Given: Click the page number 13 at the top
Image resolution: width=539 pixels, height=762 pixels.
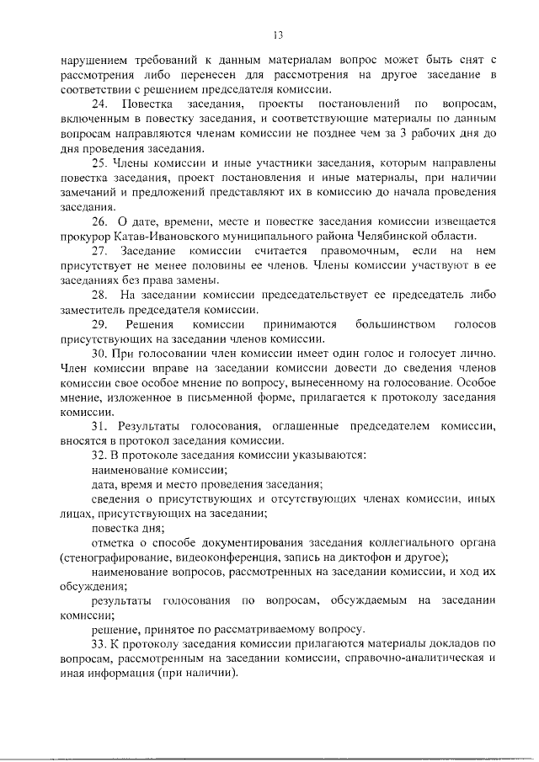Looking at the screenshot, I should coord(278,34).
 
